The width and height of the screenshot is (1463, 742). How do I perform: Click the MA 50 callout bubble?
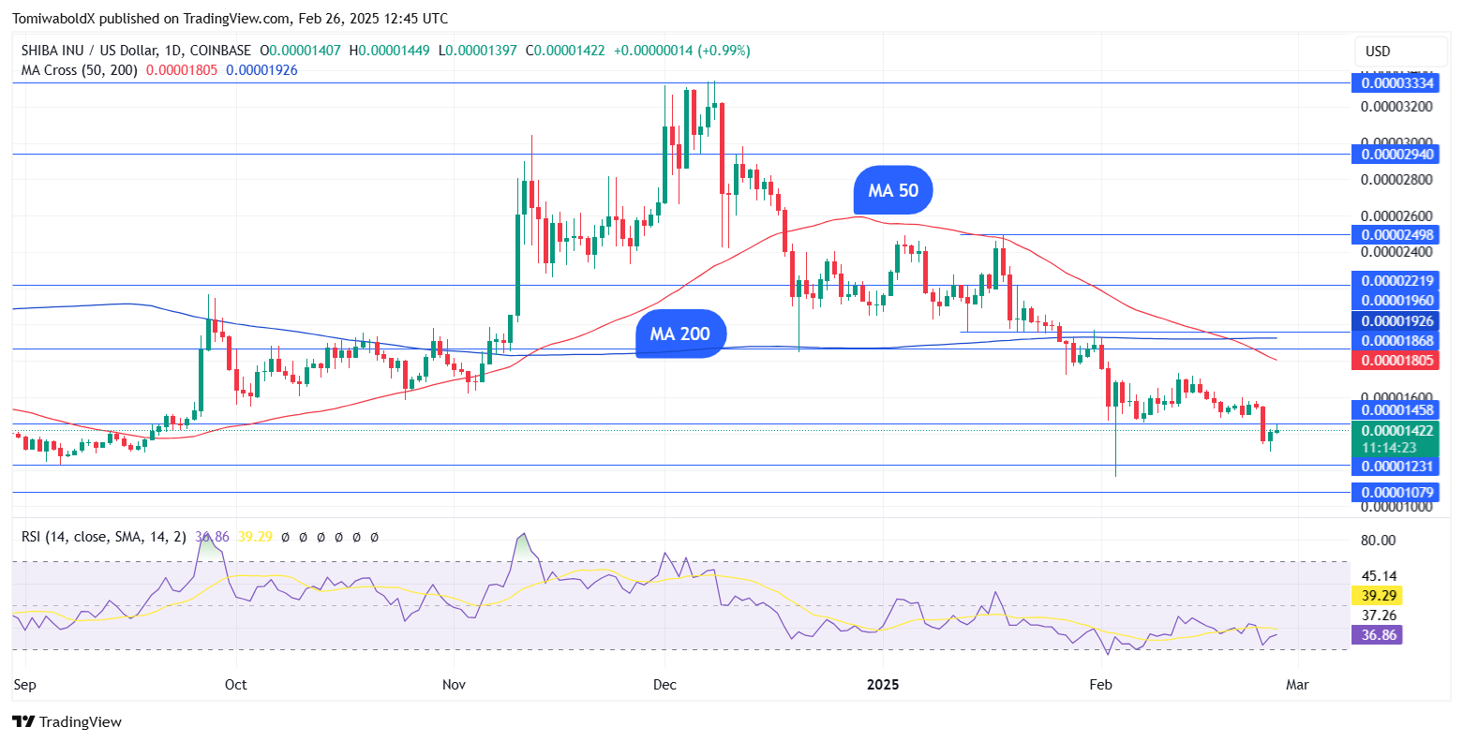point(893,191)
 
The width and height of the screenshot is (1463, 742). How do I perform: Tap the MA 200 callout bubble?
point(680,334)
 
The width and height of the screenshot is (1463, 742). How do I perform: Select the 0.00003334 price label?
point(1393,83)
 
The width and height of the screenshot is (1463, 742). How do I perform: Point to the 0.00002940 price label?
point(1393,154)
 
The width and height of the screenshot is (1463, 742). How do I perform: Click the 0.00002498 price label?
point(1393,234)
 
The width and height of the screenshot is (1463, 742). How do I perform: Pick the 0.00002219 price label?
point(1393,280)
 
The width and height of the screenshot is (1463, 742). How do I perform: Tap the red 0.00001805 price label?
point(1393,360)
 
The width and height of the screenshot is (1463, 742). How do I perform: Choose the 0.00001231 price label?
point(1393,466)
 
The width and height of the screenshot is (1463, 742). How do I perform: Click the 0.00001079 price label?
point(1393,492)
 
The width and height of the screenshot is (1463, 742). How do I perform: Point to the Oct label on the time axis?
point(235,685)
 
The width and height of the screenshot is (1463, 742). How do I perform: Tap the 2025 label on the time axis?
point(883,685)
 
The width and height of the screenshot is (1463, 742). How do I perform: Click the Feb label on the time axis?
point(1100,685)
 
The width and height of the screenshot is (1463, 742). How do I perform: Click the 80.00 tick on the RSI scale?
point(1377,540)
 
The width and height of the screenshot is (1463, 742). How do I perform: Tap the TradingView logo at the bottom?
point(67,722)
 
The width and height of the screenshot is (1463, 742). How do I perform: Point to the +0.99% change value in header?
point(722,51)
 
